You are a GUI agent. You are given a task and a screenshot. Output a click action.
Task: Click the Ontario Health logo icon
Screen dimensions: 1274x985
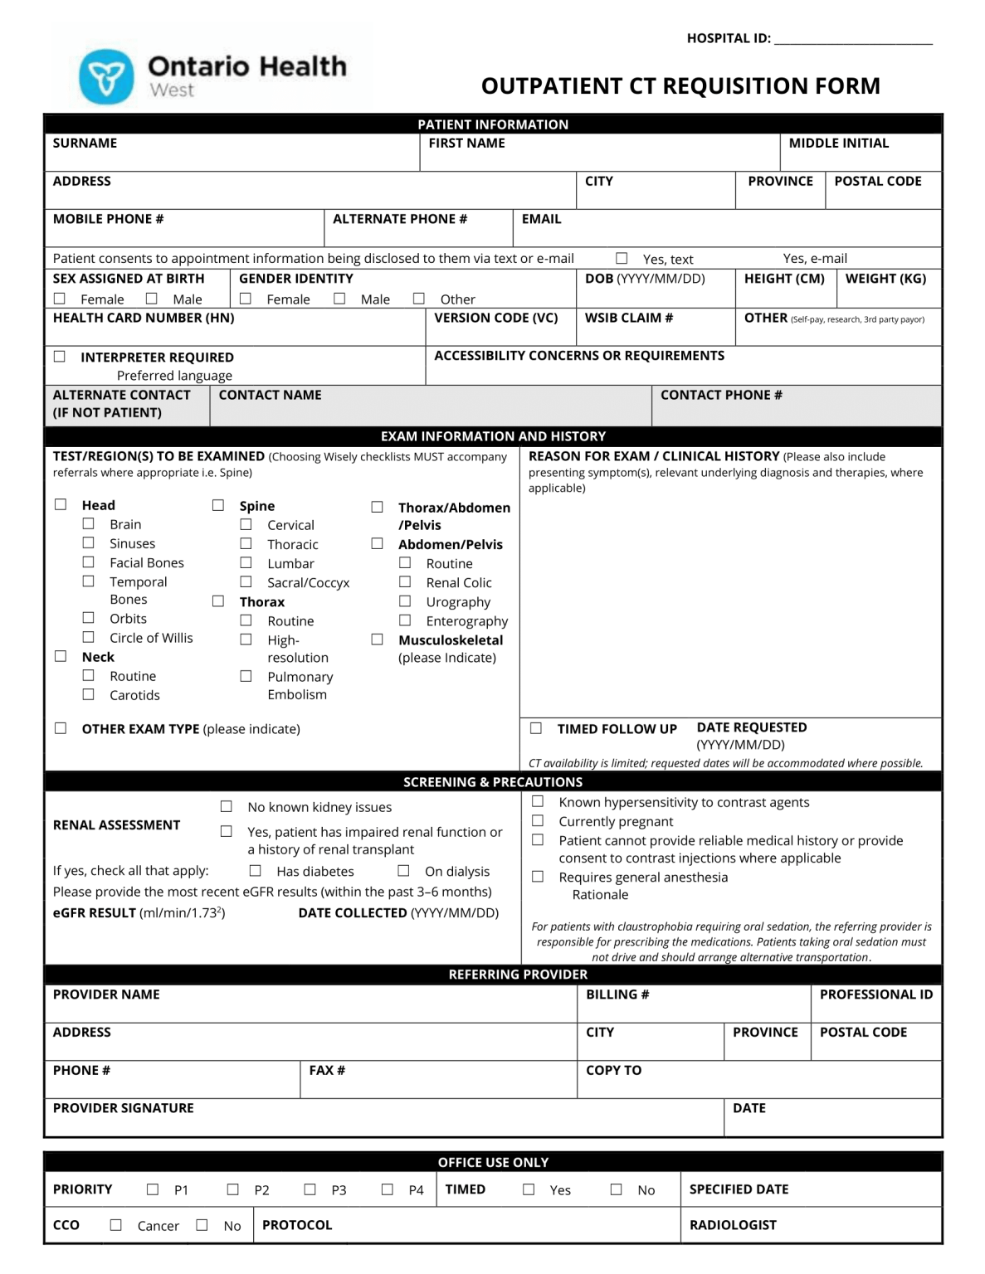[106, 77]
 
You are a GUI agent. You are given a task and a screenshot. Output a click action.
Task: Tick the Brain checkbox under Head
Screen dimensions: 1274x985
[88, 523]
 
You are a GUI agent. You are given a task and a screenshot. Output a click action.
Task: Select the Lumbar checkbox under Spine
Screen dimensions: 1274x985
[246, 562]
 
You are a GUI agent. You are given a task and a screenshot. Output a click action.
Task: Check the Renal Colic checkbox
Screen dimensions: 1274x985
[405, 581]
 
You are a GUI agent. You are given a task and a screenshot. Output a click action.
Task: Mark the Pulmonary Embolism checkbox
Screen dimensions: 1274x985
[246, 676]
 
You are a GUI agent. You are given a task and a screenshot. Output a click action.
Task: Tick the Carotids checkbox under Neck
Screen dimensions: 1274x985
[88, 694]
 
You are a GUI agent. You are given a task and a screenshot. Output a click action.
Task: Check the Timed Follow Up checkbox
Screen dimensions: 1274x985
[536, 727]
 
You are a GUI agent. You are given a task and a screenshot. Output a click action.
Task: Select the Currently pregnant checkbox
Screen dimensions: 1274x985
[538, 820]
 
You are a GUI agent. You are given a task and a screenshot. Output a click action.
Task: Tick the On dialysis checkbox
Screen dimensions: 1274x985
[403, 870]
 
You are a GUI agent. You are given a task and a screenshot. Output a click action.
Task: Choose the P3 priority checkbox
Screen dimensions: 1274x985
[310, 1189]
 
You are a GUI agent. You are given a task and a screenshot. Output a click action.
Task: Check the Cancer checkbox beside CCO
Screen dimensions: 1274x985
[116, 1224]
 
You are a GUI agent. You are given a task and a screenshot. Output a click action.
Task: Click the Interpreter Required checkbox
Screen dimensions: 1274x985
[60, 356]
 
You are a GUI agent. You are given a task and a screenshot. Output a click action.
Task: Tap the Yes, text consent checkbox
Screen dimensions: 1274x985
[621, 258]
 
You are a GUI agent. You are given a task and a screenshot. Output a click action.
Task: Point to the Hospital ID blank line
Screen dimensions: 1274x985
[853, 38]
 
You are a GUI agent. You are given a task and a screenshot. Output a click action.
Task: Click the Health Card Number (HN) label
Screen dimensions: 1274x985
[144, 318]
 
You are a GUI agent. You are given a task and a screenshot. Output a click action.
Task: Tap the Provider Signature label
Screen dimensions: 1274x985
[124, 1107]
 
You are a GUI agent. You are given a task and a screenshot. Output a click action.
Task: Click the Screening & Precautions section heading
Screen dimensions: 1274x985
[493, 781]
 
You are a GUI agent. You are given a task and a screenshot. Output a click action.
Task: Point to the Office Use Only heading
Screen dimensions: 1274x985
[493, 1162]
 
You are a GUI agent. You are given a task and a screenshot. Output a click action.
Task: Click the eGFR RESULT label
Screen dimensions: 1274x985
[95, 912]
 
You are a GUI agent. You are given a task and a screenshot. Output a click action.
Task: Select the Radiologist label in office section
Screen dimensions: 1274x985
[733, 1224]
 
